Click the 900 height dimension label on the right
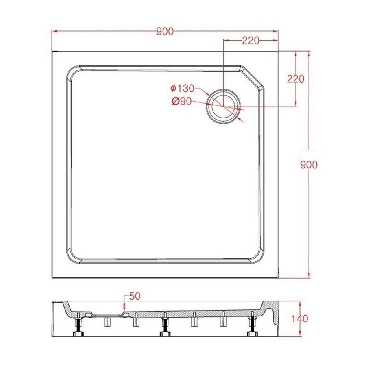[x=308, y=165]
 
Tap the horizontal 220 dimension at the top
[x=251, y=40]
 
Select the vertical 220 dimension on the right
[x=296, y=79]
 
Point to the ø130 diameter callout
[x=182, y=88]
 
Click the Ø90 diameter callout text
[x=181, y=102]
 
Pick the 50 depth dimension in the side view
[x=135, y=296]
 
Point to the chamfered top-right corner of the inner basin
[x=253, y=77]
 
